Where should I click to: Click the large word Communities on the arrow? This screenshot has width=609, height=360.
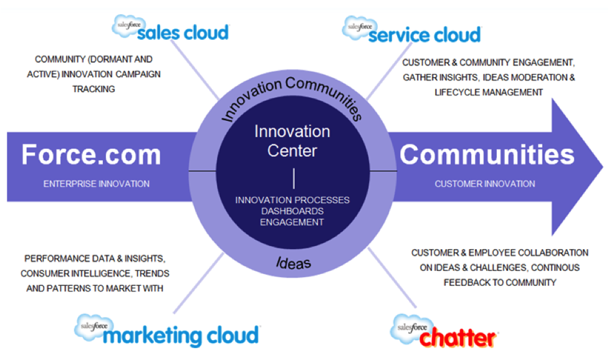(x=487, y=154)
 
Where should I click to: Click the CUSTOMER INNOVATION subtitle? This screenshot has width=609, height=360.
(x=484, y=184)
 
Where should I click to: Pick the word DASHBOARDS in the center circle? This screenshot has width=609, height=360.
(x=292, y=211)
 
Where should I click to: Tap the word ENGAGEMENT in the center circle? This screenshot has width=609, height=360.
(x=292, y=222)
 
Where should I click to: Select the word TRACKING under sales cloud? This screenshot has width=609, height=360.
(x=94, y=89)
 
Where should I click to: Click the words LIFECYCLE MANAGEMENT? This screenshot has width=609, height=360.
(x=489, y=92)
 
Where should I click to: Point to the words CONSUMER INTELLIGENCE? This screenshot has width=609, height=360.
(x=75, y=273)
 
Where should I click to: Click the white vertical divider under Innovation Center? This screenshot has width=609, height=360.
(x=294, y=178)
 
